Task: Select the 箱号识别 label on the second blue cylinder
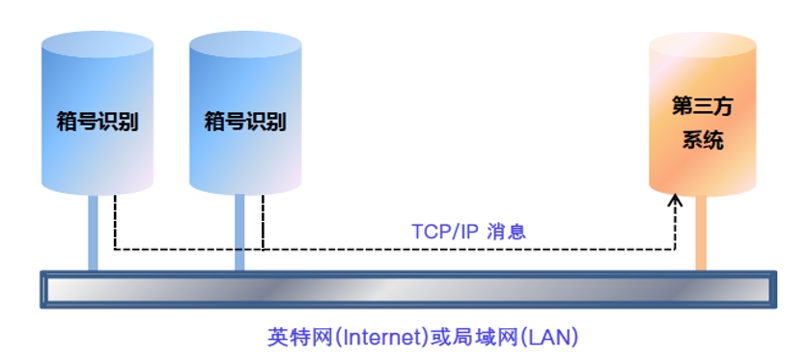245,123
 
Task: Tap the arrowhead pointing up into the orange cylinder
675,201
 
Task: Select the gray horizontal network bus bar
405,291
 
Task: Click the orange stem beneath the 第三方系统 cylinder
702,232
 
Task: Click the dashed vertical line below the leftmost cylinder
115,222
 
